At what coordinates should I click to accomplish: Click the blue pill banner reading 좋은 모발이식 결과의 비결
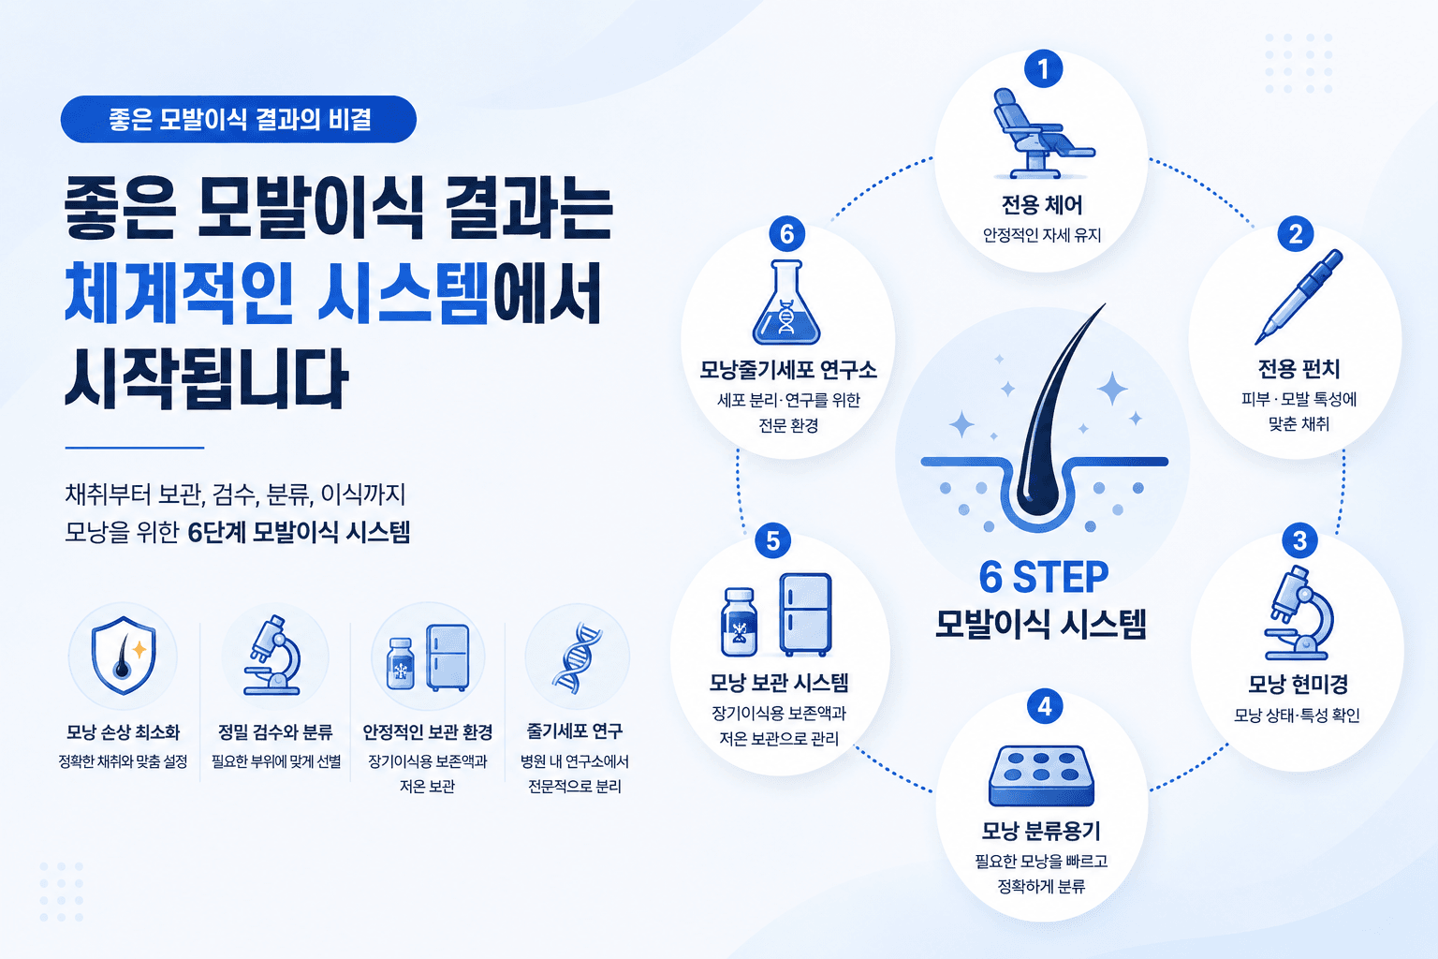coord(238,120)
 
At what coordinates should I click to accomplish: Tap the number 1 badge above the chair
coord(1043,68)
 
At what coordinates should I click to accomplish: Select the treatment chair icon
coord(1041,133)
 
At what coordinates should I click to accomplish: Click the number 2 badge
coord(1296,234)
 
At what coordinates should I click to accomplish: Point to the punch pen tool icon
coord(1299,297)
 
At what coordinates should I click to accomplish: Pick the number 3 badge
coord(1299,541)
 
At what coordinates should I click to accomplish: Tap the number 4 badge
coord(1045,706)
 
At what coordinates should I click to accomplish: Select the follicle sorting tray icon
coord(1041,775)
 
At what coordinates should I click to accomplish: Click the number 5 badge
coord(773,541)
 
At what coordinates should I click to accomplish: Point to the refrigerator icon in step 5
coord(805,614)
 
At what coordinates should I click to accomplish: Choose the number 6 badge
coord(786,234)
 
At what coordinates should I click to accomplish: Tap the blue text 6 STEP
coord(1043,577)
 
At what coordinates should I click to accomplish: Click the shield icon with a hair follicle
coord(123,656)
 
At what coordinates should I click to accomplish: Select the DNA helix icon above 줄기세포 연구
coord(577,657)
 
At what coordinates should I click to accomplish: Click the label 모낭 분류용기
coord(1041,832)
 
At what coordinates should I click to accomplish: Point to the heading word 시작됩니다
coord(206,379)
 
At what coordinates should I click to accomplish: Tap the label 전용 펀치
coord(1299,369)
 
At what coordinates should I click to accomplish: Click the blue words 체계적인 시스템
coord(277,292)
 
